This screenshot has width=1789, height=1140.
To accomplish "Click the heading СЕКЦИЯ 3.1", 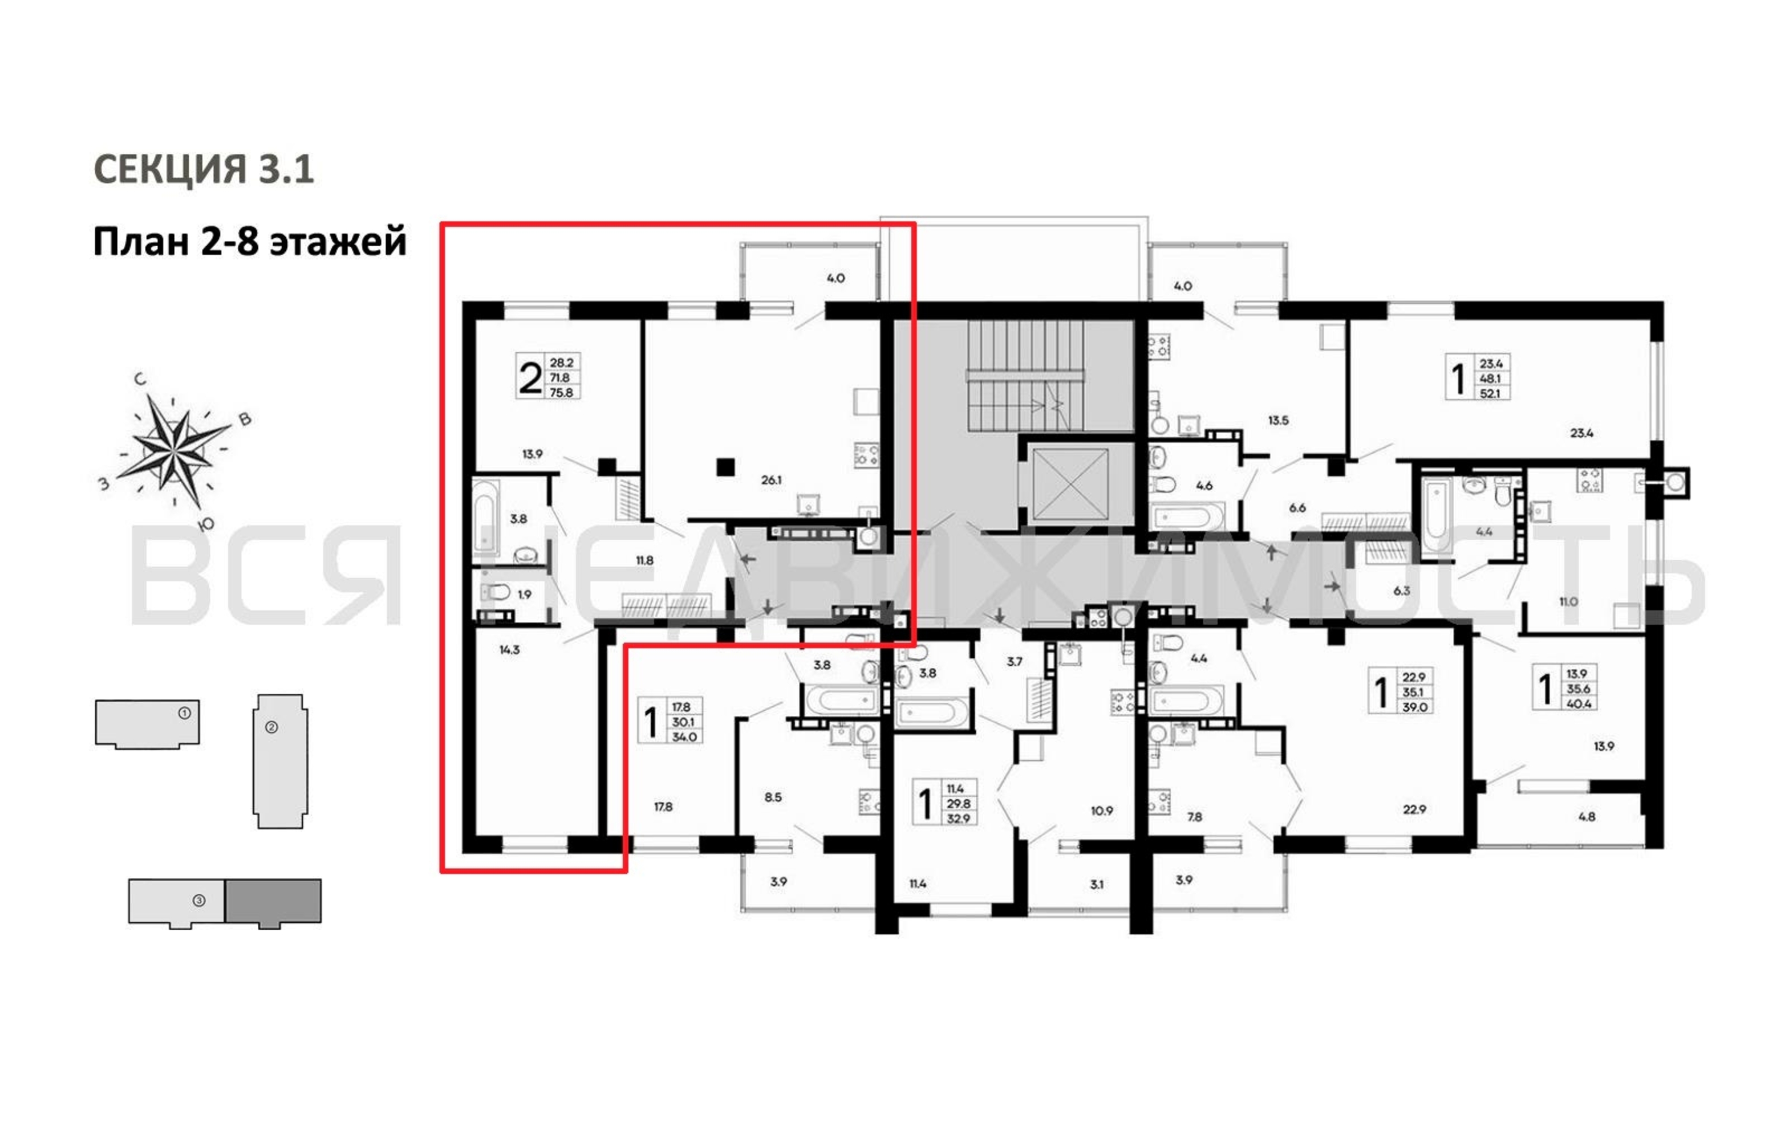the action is click(204, 169).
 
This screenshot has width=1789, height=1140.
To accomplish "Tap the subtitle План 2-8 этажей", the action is click(250, 241).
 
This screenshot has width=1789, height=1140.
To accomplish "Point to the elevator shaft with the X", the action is click(1070, 485).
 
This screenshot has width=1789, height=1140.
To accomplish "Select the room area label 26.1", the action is click(771, 480).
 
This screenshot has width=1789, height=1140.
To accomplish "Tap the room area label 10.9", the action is click(1101, 811).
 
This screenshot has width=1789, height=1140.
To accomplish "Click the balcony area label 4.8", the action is click(1586, 816).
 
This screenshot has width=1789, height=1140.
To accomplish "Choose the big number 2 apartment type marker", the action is click(530, 377).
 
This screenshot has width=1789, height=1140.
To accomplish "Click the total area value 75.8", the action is click(561, 392).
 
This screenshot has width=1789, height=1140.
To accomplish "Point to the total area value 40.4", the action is click(1578, 703).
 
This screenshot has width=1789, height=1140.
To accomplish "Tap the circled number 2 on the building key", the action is click(272, 727).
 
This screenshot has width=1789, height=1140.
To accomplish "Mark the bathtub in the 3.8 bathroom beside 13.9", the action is click(485, 516).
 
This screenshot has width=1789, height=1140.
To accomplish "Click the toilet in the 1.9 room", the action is click(495, 592).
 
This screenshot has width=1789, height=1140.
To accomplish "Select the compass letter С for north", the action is click(140, 380).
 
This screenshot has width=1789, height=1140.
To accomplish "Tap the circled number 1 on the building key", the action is click(184, 713).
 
